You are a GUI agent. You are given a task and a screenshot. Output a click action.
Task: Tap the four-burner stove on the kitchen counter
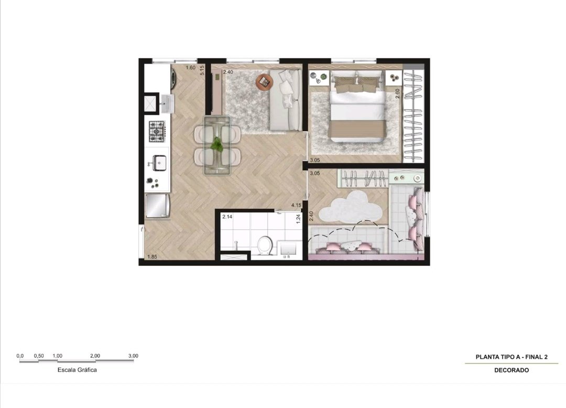tap(157, 131)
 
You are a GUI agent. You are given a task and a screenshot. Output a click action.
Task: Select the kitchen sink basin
tap(159, 163)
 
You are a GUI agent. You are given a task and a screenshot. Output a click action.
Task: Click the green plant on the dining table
tap(216, 144)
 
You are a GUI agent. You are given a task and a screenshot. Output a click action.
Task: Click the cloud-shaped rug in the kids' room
tap(351, 207)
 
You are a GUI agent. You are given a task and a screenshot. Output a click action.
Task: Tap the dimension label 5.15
tap(202, 70)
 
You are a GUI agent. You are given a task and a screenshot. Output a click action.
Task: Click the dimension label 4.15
tap(296, 205)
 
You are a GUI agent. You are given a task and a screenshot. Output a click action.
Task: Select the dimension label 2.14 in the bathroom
tap(227, 217)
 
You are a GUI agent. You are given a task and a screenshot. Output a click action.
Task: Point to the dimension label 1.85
tap(152, 257)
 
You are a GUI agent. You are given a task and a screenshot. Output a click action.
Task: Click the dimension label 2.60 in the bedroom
tap(397, 94)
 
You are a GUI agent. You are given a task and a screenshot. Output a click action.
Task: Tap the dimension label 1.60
tap(190, 68)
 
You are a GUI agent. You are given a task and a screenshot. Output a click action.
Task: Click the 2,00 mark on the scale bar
tap(95, 356)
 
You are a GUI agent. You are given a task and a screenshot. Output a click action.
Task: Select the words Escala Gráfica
tap(77, 370)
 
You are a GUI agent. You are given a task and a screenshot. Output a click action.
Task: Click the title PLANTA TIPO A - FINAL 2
tap(511, 357)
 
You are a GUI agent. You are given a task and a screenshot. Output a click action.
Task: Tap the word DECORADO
tap(511, 370)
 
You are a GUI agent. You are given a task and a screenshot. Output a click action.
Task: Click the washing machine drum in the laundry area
tap(173, 78)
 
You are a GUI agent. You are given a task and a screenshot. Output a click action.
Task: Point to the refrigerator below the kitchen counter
tap(157, 206)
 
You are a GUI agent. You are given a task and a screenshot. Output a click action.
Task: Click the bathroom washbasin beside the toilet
tap(288, 249)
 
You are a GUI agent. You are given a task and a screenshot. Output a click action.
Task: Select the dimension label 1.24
tap(298, 219)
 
